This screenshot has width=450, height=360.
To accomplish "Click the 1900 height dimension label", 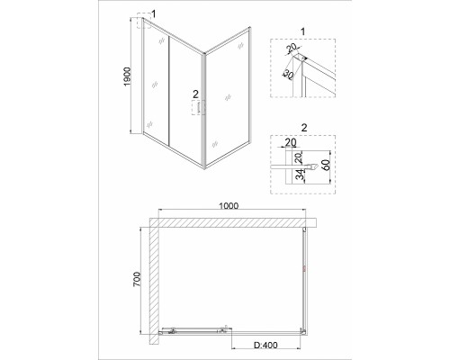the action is tap(127, 76).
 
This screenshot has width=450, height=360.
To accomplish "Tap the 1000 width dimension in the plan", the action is tap(229, 206).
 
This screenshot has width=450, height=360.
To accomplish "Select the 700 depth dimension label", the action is tap(137, 279).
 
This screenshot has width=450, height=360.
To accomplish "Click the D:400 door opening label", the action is tap(265, 346).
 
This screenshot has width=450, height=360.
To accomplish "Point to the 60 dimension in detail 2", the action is tap(326, 165).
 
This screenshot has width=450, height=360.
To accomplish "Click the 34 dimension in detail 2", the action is tap(300, 175).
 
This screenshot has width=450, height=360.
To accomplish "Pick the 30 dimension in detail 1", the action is tap(288, 75).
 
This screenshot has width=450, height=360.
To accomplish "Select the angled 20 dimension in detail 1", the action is tap(291, 47).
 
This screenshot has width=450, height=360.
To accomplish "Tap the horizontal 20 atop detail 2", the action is tap(291, 142).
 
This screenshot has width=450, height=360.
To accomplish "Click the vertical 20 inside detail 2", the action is tap(299, 158).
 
